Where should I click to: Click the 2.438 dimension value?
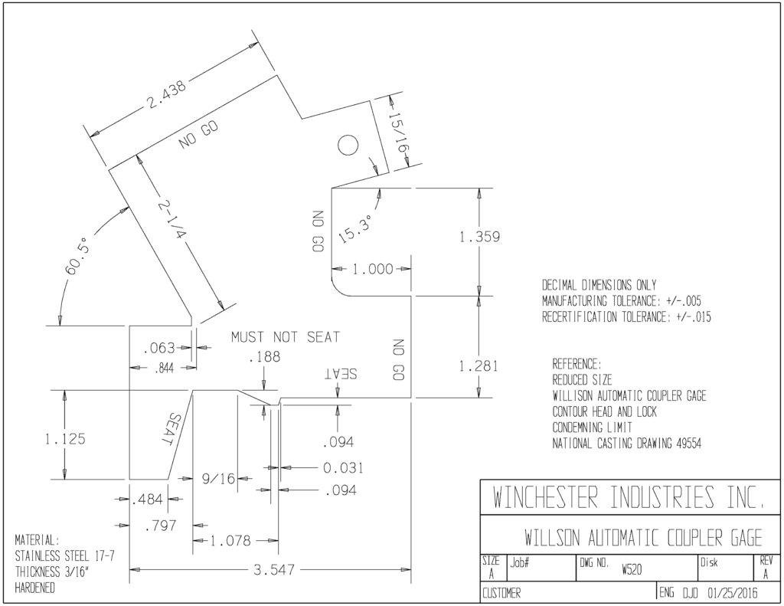(166, 93)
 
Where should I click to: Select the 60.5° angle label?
(77, 257)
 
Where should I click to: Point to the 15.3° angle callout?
(355, 229)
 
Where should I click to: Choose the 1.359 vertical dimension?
(479, 236)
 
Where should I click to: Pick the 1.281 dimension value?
(479, 366)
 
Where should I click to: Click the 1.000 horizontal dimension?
(373, 269)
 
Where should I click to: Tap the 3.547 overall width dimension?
(274, 569)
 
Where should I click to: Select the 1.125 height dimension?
(65, 439)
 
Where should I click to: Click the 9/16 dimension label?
(218, 479)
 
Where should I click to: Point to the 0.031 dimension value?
(343, 468)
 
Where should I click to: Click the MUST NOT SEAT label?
(285, 337)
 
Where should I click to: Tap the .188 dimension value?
(264, 357)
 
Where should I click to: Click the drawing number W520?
(632, 569)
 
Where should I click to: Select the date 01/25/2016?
(733, 594)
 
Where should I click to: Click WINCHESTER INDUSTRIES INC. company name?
(629, 497)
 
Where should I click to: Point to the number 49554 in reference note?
(688, 444)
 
